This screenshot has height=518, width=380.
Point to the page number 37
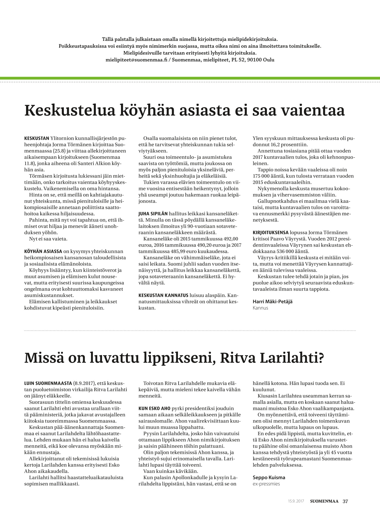pos(345,501)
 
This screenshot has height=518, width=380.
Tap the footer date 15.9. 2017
pos(296,501)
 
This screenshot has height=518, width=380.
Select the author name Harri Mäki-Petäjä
pos(272,302)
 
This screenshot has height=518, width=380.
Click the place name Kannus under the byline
pos(260,308)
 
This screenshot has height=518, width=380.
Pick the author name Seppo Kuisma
pos(269,477)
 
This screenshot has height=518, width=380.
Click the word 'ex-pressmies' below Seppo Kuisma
pos(266,484)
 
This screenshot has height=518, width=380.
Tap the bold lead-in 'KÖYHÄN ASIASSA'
pos(43,251)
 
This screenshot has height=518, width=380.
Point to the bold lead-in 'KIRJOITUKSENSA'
pos(271,233)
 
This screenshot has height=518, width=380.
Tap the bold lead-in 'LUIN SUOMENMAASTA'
pos(48,383)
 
